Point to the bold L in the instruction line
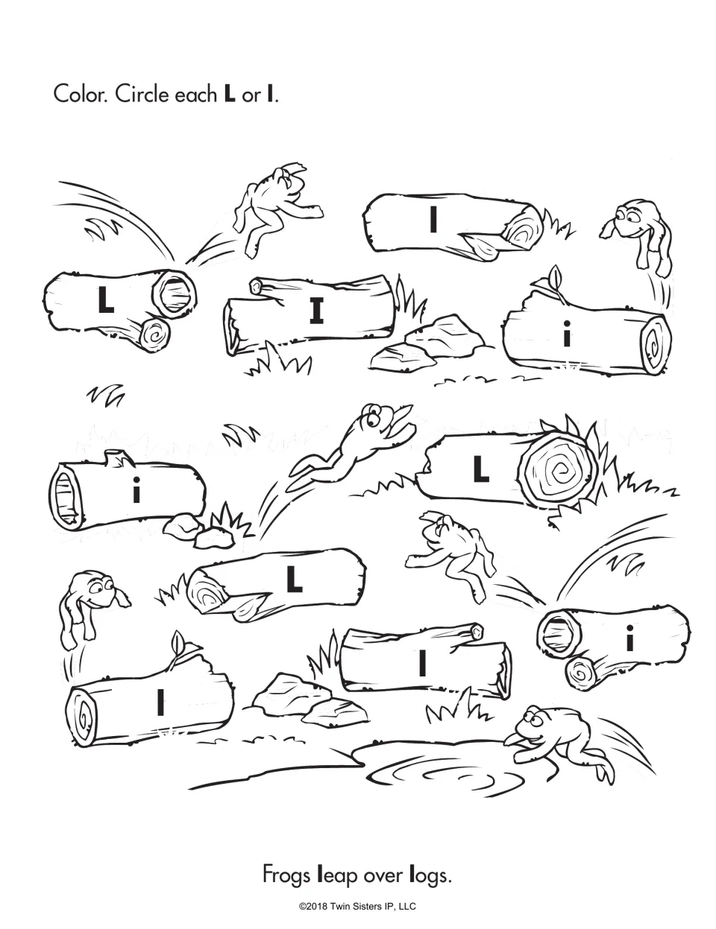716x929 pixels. tap(230, 95)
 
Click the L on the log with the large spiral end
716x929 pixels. tap(481, 469)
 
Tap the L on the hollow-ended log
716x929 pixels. tap(106, 300)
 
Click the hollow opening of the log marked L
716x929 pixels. tap(175, 294)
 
